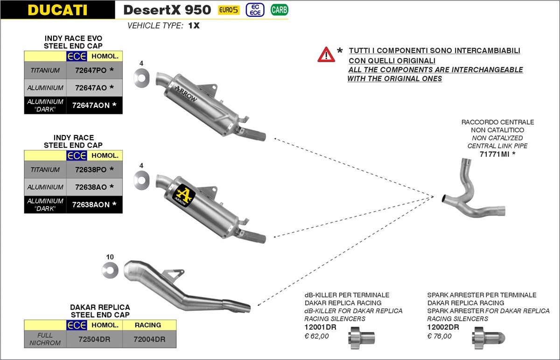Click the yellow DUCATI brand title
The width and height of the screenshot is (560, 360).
[57, 10]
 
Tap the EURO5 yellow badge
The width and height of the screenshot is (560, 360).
[229, 10]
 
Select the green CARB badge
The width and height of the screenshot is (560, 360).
[279, 9]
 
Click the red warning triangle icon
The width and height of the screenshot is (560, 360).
[326, 55]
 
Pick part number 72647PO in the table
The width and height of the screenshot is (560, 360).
[91, 70]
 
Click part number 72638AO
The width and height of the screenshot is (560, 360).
[91, 187]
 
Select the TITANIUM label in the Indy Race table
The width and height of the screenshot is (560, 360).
[45, 169]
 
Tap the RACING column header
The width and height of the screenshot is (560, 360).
[148, 325]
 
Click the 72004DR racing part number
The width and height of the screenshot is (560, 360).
[149, 339]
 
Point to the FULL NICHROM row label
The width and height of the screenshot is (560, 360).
[45, 339]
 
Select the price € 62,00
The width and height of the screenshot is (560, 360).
[316, 336]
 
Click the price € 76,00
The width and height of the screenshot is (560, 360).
[439, 336]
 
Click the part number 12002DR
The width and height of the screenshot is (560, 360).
[443, 327]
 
